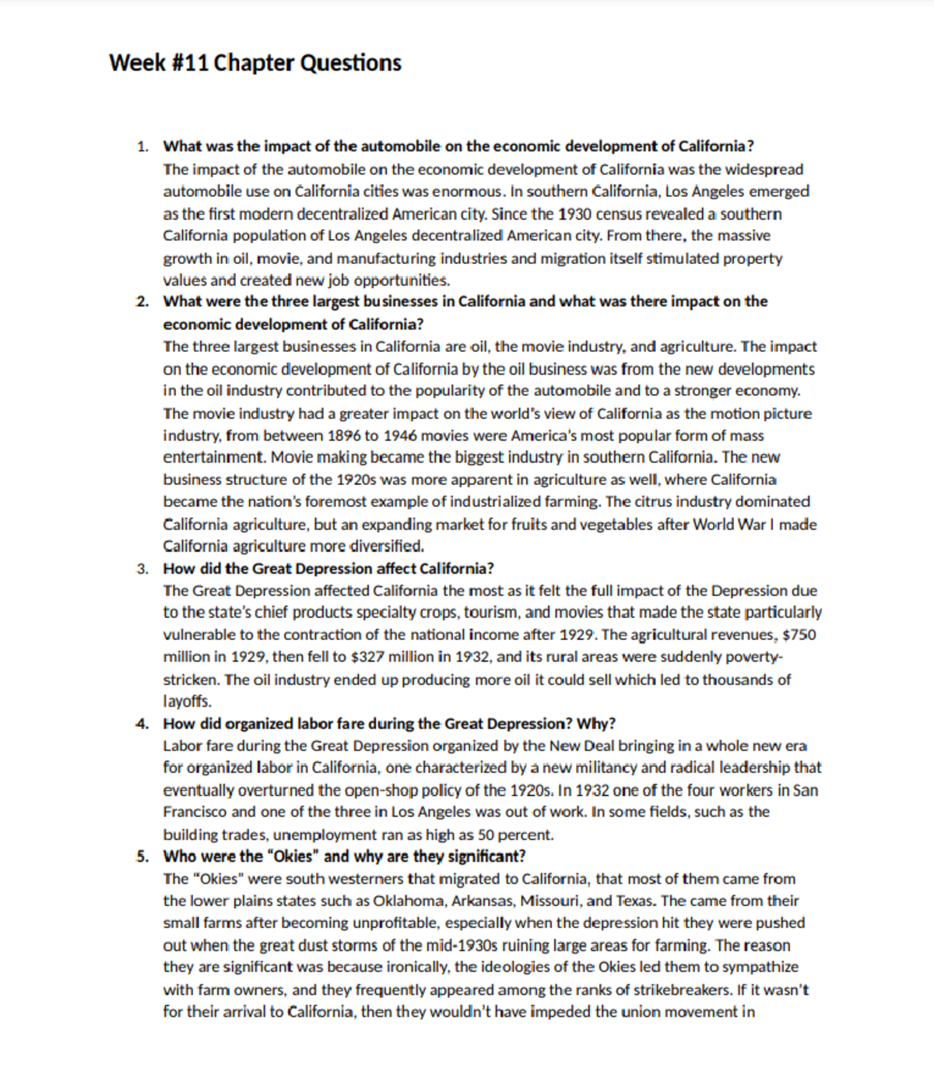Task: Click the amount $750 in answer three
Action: pos(799,635)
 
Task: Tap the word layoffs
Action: pos(187,701)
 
